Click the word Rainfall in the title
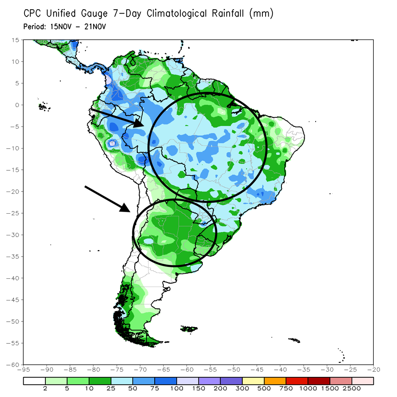point(230,14)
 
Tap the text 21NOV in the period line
point(96,27)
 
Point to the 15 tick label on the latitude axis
point(16,40)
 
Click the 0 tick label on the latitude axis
point(17,105)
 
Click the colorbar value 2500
point(352,388)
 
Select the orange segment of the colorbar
point(275,381)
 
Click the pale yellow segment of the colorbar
point(253,381)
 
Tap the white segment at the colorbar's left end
point(34,381)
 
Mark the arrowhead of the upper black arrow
point(140,124)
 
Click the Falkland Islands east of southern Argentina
point(190,329)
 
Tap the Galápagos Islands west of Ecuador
point(44,106)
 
